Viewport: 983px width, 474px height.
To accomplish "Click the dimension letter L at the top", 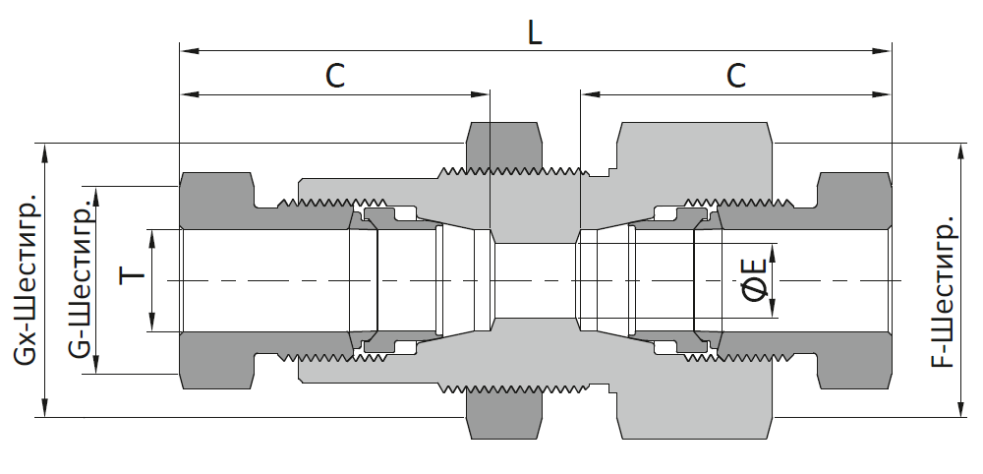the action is (534, 32).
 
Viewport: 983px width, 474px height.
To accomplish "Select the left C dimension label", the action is (335, 76).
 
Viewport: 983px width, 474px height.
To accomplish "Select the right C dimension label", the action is (736, 76).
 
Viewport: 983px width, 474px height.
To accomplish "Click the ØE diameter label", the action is (754, 280).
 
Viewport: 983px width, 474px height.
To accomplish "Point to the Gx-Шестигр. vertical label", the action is (27, 281).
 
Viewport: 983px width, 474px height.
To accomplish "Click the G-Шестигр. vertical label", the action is (81, 279).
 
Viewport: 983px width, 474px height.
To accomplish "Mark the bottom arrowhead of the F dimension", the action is (960, 407).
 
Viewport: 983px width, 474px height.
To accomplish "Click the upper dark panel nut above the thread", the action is (503, 146).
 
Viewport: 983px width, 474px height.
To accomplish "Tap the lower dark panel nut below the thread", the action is (503, 415).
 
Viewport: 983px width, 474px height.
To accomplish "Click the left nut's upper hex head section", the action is (217, 200).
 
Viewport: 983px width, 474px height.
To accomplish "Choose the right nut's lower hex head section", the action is (854, 360).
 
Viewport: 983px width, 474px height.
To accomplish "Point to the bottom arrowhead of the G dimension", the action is (96, 364).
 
